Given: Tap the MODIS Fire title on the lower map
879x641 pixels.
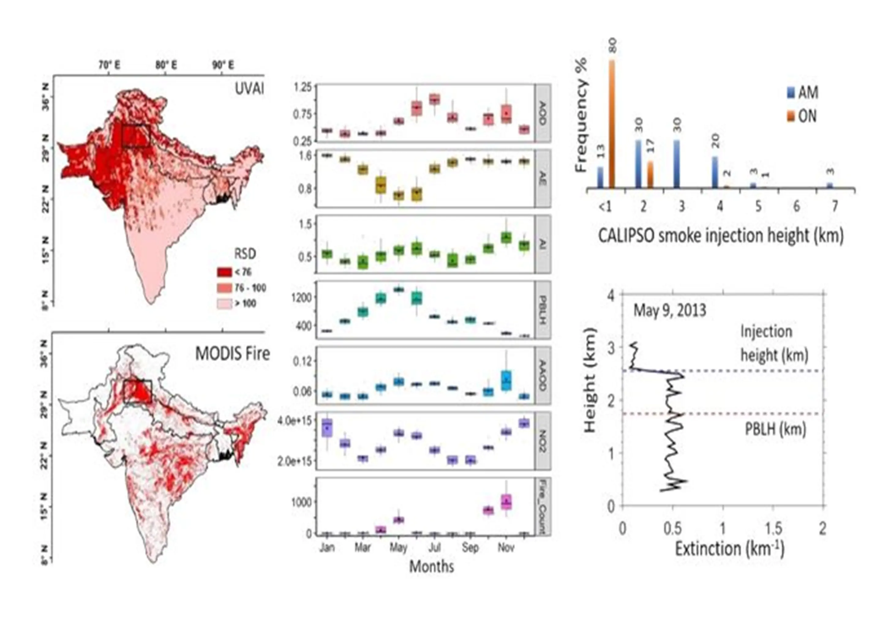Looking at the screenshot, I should pos(232,354).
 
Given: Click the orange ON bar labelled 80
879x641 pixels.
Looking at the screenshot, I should pos(612,124).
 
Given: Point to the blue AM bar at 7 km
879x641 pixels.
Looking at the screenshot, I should pos(830,186).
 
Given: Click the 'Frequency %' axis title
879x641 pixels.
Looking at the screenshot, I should pos(581,115).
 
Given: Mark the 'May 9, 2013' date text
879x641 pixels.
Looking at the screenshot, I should pos(670,310).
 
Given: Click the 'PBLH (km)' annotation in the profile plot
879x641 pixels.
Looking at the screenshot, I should pos(776,429).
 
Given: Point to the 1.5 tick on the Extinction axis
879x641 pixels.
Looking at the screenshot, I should pos(772,528).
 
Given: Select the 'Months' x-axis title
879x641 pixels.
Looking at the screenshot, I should pos(432,567).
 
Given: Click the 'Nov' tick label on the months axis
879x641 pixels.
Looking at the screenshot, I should pos(506,548).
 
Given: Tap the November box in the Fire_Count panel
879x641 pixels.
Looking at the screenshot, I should pos(506,502).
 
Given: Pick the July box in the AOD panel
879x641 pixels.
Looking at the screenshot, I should pos(434,99).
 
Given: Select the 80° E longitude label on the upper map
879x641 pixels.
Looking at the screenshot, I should pos(166,65).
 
